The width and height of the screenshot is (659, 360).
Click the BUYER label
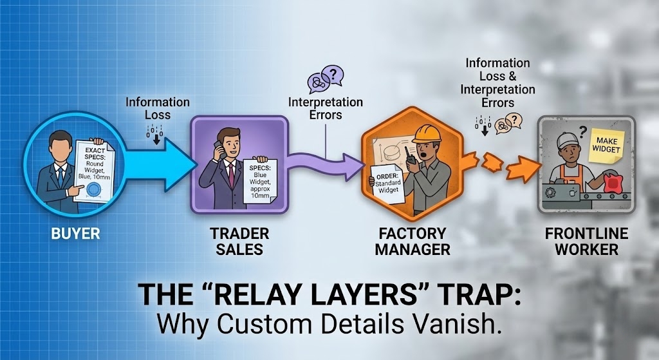pyautogui.click(x=75, y=232)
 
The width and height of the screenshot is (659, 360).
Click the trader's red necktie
pyautogui.click(x=231, y=176)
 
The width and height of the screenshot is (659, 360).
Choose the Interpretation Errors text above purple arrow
pyautogui.click(x=325, y=109)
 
